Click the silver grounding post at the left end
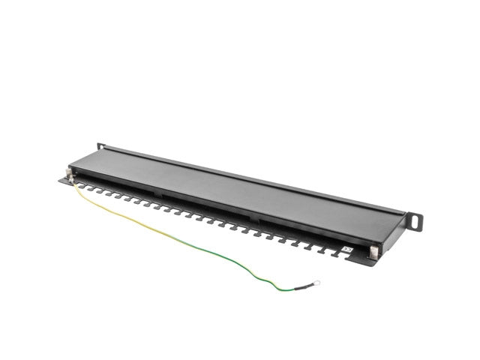point(70,176)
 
